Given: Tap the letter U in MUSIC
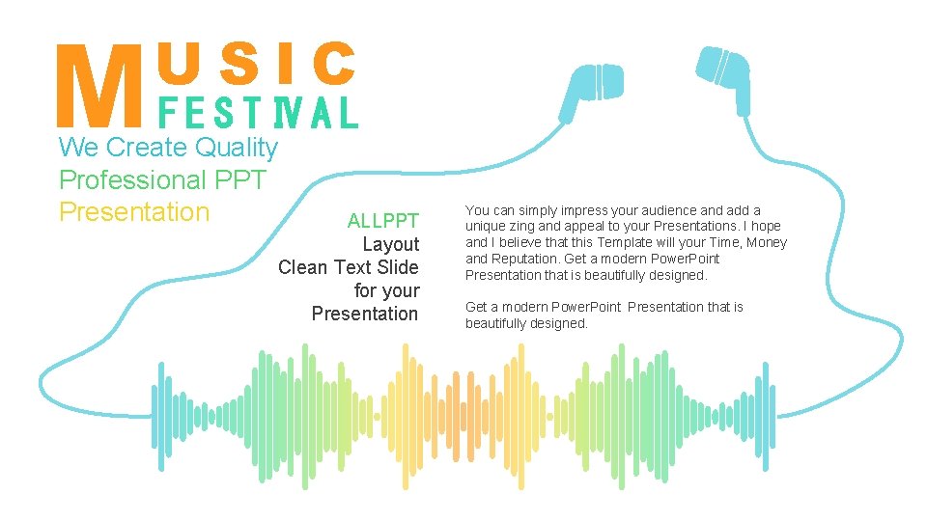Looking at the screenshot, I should (179, 64).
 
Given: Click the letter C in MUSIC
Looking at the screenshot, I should (335, 64).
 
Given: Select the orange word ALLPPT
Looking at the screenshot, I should (383, 221).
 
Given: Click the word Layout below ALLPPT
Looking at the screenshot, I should (390, 244).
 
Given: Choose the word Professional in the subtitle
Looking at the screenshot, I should (119, 179).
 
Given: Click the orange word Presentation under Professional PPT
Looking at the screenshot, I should (134, 211).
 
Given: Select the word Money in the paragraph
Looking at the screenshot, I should (767, 242).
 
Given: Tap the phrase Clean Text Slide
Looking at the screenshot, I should (349, 267).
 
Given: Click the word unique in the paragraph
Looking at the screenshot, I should (486, 226).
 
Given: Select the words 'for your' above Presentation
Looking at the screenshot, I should (386, 290).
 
